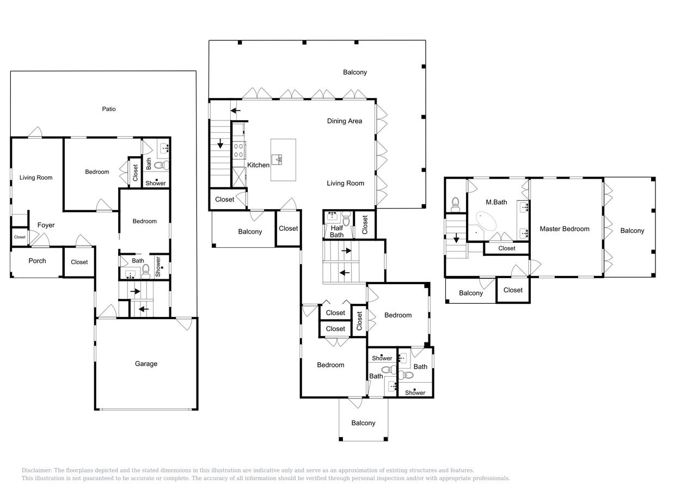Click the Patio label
click(x=109, y=109)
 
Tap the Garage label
click(x=146, y=364)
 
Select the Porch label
click(x=37, y=261)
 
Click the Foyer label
click(x=46, y=225)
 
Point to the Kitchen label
click(x=259, y=165)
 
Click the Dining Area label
click(x=345, y=121)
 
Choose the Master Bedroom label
click(x=565, y=229)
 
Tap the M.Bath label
click(x=496, y=203)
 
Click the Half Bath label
click(x=336, y=231)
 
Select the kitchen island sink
click(x=277, y=160)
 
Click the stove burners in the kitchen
click(x=238, y=150)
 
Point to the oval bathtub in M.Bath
click(x=486, y=220)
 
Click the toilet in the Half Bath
click(x=346, y=218)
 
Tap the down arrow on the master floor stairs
click(x=456, y=238)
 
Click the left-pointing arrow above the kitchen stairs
click(x=235, y=111)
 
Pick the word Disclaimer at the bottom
click(x=36, y=470)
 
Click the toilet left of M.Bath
click(x=455, y=205)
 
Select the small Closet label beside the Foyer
click(x=20, y=237)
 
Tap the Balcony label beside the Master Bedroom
click(x=633, y=231)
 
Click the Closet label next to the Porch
click(x=79, y=262)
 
